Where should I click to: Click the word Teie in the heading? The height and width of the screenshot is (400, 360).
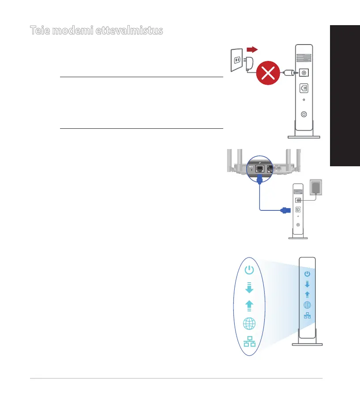(x=41, y=30)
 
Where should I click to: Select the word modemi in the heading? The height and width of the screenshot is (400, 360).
(x=74, y=30)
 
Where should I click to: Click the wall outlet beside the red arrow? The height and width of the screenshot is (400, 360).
(x=236, y=60)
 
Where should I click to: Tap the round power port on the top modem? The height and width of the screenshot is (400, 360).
(x=304, y=73)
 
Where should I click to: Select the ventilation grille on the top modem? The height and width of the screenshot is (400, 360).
(x=304, y=58)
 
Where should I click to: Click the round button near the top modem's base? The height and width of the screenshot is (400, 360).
(x=304, y=114)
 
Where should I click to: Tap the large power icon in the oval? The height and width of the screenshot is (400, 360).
(x=249, y=269)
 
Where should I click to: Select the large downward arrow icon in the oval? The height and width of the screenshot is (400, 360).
(x=249, y=288)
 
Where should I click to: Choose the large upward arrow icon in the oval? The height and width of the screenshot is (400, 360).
(x=249, y=306)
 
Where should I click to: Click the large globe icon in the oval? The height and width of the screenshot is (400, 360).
(x=249, y=324)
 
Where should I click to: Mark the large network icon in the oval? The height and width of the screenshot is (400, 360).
(x=249, y=342)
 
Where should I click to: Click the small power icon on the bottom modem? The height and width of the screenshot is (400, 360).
(x=307, y=274)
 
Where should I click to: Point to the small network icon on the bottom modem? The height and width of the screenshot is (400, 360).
(x=307, y=315)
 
